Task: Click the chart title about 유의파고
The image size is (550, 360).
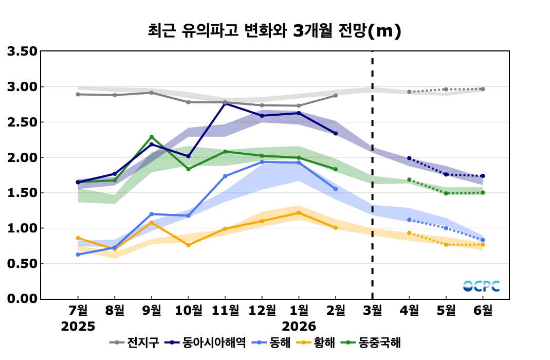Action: point(274,31)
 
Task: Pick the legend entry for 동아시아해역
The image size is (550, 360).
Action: point(207,342)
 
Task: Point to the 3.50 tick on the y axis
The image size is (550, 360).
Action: point(22,51)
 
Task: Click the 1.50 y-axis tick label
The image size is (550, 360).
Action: point(22,193)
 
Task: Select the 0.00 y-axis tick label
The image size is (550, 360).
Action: point(22,299)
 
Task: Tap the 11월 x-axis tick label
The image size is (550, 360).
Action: point(225,310)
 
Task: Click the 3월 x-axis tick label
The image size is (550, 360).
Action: point(372,310)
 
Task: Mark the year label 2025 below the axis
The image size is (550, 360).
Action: point(78,326)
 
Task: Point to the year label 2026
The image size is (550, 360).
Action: point(299,326)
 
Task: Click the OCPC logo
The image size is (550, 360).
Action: point(481,286)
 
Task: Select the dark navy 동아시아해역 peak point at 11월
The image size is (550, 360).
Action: point(225,103)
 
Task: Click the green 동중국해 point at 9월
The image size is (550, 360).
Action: point(152,137)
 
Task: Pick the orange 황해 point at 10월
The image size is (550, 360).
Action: point(188,245)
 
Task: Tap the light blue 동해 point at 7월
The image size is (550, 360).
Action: point(78,255)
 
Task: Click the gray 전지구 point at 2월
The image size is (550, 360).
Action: point(336,95)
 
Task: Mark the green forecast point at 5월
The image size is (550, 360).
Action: point(446,193)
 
